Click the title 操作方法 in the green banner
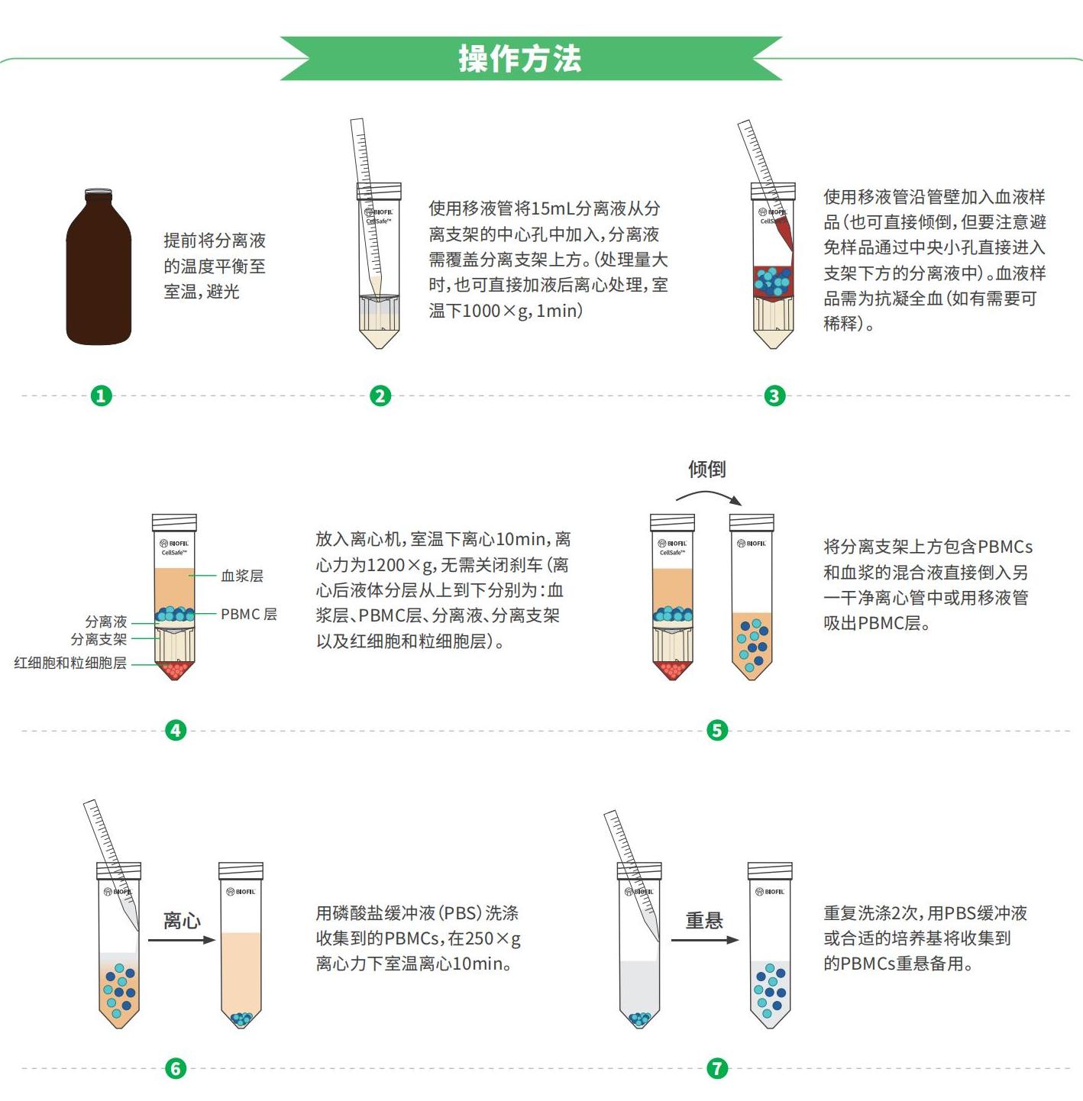point(519,58)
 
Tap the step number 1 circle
point(102,396)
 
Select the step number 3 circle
point(774,396)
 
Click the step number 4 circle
point(176,730)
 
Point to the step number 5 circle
point(717,730)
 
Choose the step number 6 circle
point(176,1068)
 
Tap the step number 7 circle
point(717,1068)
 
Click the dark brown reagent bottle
point(99,266)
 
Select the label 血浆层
point(242,576)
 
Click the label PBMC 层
point(249,614)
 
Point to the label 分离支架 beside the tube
point(99,639)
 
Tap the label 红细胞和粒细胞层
point(70,663)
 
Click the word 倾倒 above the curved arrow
point(706,469)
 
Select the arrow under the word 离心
point(182,940)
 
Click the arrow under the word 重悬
point(704,940)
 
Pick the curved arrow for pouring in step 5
point(709,492)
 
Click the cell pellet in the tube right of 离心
point(241,1018)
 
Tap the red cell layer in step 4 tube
point(174,670)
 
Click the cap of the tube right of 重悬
point(770,870)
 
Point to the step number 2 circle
point(380,396)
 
